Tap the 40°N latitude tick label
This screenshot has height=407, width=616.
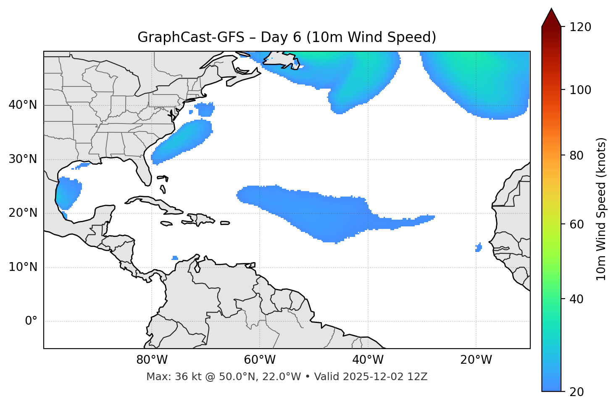click(23, 105)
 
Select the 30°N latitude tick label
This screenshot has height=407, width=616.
click(23, 159)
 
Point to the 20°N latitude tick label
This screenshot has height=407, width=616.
click(23, 213)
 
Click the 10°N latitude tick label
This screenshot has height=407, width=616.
click(23, 267)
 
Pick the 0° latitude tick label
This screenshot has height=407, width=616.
click(31, 321)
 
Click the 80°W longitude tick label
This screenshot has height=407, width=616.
click(152, 360)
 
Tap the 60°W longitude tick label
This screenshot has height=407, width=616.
click(260, 360)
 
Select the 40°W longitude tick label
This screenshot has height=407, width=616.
click(368, 360)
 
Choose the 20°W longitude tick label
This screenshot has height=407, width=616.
click(476, 360)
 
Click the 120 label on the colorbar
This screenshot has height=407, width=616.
click(580, 27)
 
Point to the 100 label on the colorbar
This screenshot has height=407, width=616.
click(580, 90)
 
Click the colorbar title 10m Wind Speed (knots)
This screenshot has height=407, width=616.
click(601, 209)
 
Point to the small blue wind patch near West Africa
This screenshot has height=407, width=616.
click(479, 247)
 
